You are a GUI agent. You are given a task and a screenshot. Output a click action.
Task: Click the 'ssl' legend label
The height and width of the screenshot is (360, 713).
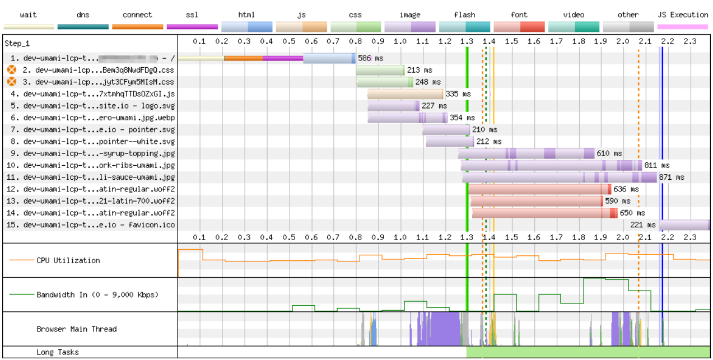192,15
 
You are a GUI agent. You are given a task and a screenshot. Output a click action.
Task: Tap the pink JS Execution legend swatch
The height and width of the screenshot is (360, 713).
682,26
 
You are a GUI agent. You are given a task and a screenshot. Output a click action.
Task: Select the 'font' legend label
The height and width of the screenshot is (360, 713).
519,15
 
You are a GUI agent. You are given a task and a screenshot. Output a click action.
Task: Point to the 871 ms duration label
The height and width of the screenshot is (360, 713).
672,177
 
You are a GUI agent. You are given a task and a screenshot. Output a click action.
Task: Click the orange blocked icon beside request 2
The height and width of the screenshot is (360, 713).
12,70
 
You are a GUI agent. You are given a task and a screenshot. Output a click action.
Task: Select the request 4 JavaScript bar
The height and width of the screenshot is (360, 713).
405,94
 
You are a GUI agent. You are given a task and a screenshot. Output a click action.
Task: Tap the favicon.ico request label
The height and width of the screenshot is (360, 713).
99,225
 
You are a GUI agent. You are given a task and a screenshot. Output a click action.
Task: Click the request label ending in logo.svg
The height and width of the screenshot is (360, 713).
99,106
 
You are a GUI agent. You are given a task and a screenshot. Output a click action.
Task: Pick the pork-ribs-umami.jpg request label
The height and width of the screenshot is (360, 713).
99,166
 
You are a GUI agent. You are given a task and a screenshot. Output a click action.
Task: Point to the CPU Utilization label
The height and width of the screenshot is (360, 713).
68,260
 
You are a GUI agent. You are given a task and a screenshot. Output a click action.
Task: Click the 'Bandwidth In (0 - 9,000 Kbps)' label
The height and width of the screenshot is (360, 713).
97,294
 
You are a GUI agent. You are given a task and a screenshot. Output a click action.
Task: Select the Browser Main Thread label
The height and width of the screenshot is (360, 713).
76,329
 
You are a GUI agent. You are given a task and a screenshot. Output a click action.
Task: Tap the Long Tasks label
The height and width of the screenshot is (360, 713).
58,352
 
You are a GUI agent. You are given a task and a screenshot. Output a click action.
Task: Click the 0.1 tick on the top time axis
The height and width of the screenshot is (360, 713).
199,41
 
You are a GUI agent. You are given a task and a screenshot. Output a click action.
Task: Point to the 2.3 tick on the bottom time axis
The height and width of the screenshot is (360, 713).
689,237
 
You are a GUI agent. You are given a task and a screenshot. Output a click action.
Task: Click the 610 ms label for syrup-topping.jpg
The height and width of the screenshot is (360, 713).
609,153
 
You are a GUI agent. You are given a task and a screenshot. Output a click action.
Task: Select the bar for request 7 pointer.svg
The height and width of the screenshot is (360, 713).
446,130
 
